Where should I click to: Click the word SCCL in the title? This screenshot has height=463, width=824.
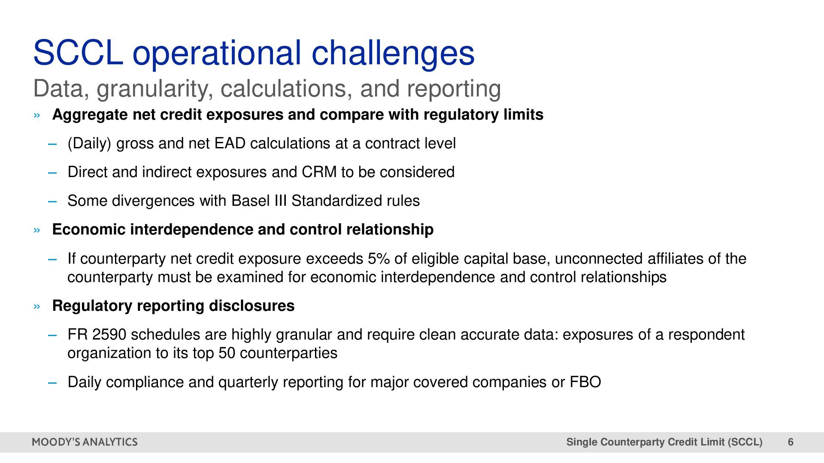coord(78,52)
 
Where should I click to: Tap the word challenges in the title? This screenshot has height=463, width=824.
coord(393,53)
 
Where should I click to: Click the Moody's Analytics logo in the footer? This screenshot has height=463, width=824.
coord(85,442)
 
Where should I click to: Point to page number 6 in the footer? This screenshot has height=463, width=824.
coord(791,442)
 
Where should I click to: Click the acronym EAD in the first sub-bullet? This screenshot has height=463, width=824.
coord(230,143)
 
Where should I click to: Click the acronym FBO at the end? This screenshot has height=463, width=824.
coord(585,382)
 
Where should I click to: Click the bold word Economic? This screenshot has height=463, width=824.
coord(89,229)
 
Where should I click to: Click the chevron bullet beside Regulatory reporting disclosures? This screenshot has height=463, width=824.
coord(37,307)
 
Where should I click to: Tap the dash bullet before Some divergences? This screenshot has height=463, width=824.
coord(52,201)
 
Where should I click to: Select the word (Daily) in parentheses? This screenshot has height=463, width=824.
coord(90,144)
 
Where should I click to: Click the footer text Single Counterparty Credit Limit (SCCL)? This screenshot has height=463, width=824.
coord(664,442)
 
